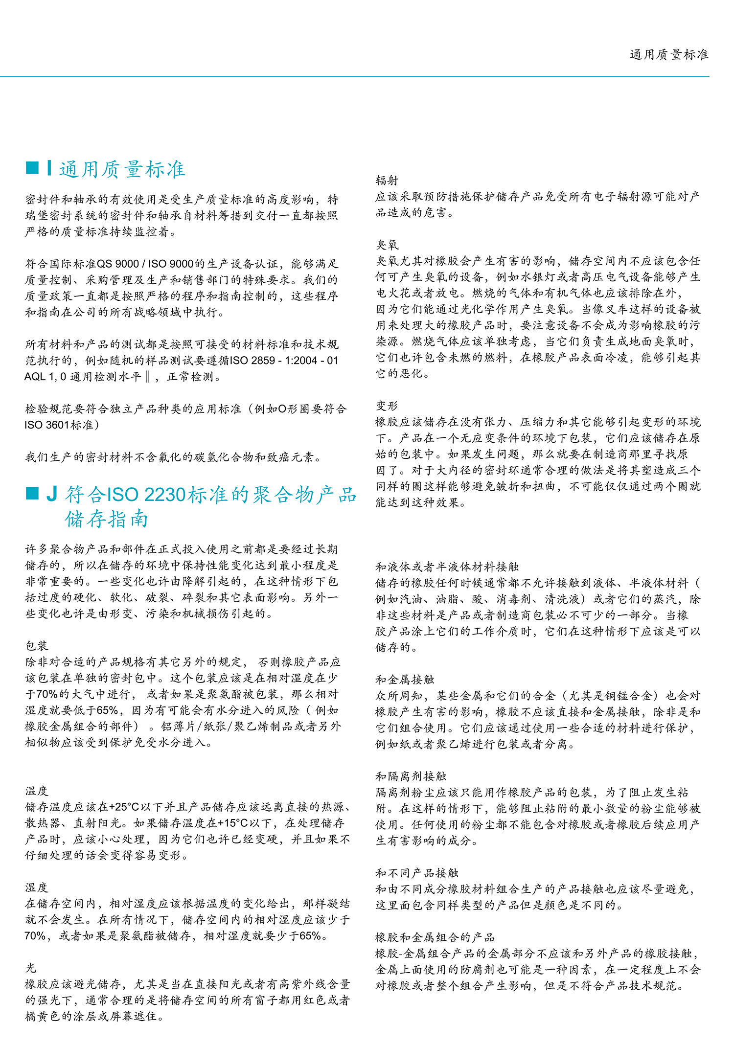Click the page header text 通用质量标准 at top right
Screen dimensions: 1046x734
668,55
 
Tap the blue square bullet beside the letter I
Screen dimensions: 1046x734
32,168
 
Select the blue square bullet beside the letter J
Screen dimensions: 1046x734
32,494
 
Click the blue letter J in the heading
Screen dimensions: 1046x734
51,495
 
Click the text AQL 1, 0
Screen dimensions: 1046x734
45,377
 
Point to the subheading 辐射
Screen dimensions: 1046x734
387,181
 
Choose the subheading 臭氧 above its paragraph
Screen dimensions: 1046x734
387,245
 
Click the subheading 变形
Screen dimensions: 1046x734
387,406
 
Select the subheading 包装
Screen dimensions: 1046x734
37,646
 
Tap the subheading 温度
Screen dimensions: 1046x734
37,791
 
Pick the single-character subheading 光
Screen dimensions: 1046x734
31,968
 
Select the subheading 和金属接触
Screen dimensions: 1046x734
405,680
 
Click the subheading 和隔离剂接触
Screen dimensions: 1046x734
411,776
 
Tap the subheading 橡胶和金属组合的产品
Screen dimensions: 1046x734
435,937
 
